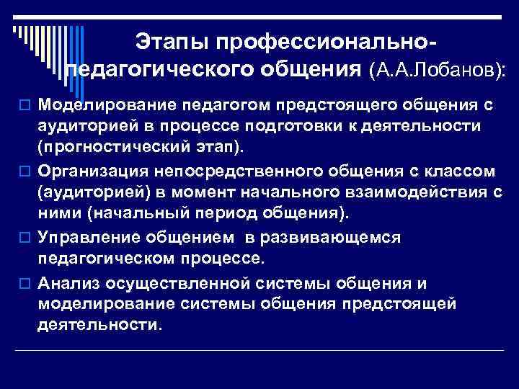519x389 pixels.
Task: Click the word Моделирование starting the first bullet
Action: click(x=107, y=106)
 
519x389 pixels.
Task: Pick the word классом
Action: click(x=457, y=172)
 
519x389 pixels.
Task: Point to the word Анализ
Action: click(x=70, y=282)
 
